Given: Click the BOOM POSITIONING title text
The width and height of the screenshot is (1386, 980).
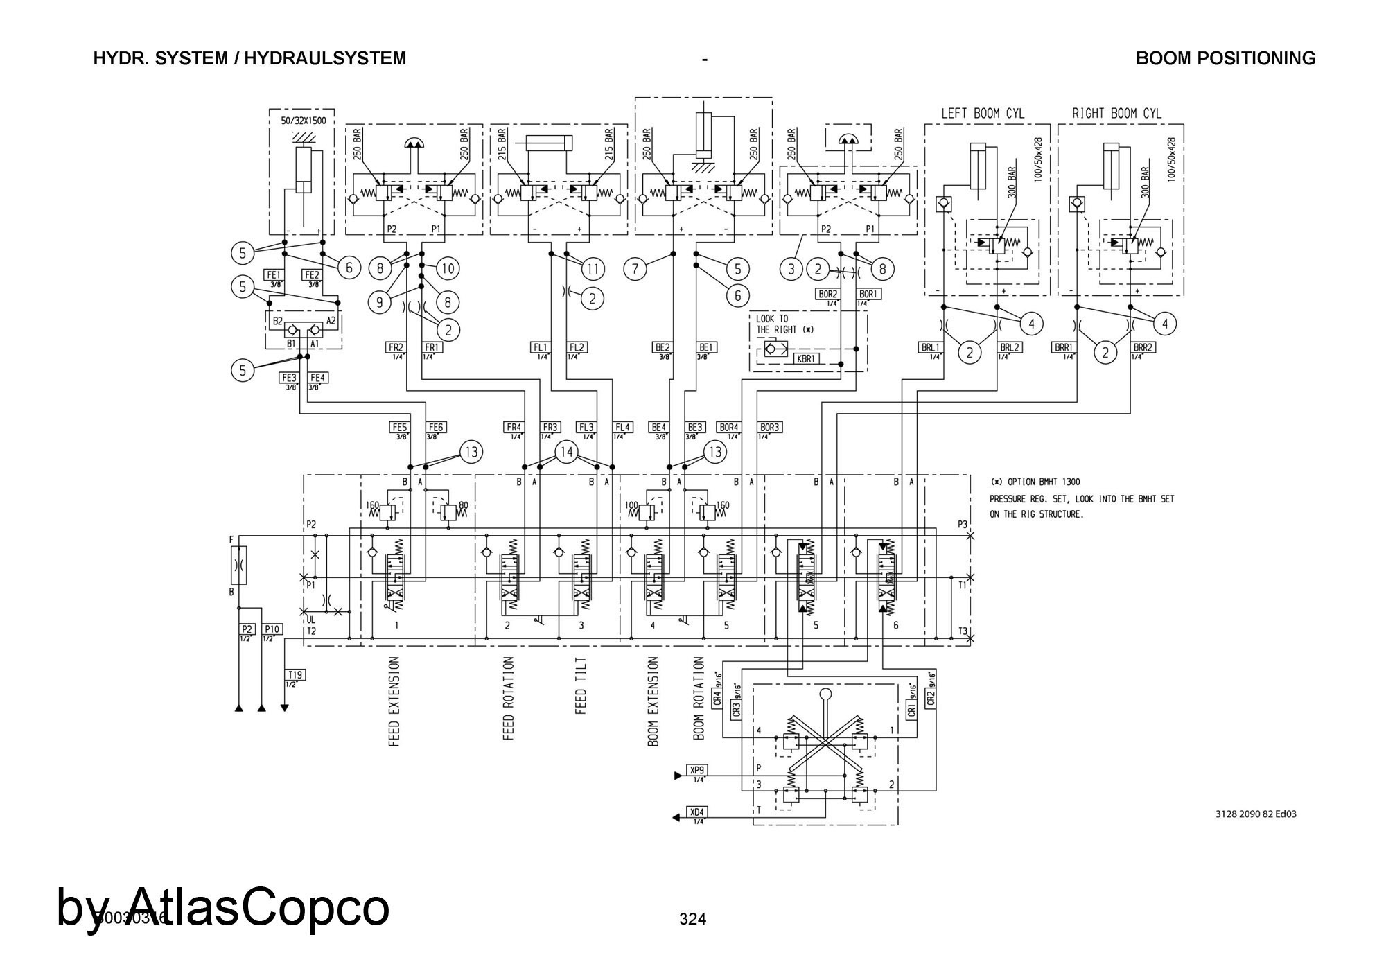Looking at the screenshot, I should pos(1225,58).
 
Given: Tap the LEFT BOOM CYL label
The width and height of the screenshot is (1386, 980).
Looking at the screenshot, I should pos(982,114).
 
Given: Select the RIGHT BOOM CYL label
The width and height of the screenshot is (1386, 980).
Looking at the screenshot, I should pos(1116,114).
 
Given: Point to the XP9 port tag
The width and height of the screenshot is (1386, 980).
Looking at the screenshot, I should pos(696,770).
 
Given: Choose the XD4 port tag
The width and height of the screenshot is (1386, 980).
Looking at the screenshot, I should pos(696,812).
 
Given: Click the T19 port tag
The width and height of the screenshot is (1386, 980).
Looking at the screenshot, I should pos(295,674).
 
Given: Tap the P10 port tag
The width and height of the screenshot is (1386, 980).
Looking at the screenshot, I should pos(272,629).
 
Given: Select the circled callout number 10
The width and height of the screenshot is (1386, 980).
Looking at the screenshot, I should pos(448,268).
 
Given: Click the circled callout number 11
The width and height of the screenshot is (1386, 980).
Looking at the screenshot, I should pos(593,268).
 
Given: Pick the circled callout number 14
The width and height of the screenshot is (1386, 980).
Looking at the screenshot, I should pos(567,453).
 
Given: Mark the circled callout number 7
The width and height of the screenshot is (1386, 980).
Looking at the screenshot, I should pos(635,268).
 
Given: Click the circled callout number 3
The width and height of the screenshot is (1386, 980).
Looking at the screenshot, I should pos(791,268).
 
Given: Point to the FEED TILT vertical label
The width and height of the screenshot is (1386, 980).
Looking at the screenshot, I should pos(581,686).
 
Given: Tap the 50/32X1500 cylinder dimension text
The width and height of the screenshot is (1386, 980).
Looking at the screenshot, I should pos(303,121).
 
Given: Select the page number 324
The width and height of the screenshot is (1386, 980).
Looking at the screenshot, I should pos(692,919).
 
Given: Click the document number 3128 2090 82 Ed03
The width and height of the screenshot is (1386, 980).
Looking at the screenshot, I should pos(1256,814).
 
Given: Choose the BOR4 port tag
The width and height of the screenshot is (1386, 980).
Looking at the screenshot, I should pos(728,428).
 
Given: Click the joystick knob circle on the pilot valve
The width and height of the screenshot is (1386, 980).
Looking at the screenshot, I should pos(825,694).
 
